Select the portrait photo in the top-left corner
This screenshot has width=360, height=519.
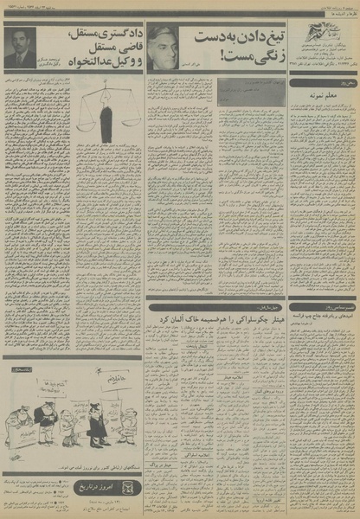(x=21, y=49)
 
